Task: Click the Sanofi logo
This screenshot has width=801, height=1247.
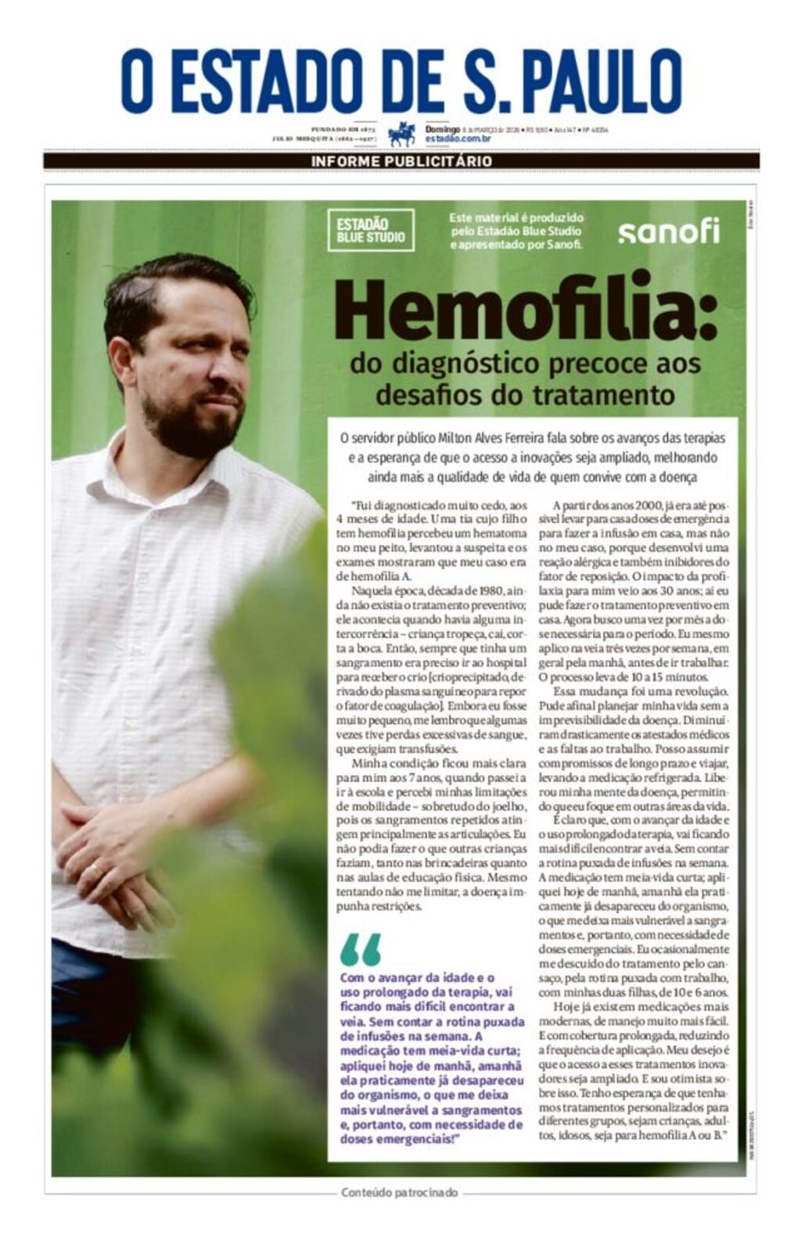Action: tap(668, 231)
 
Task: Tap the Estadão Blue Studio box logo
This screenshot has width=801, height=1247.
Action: tap(371, 230)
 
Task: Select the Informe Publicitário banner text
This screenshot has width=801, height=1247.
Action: tap(401, 161)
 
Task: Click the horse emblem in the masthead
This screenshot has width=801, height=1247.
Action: tap(402, 134)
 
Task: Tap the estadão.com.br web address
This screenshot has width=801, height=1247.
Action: tap(458, 138)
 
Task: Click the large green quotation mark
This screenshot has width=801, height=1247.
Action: tap(361, 949)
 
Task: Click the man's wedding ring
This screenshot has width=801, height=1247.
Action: tap(95, 869)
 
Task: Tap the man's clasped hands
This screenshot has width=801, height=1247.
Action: tap(110, 852)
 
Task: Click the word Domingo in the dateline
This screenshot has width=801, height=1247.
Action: tap(443, 129)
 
